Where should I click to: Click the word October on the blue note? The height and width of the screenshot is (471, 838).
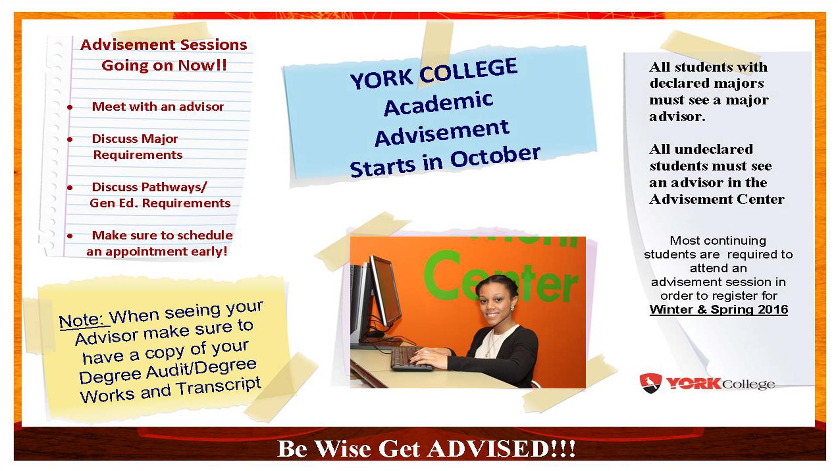pos(495,157)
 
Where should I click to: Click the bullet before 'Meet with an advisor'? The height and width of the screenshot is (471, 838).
pos(70,107)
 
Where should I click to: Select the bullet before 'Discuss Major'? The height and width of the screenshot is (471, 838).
pos(70,140)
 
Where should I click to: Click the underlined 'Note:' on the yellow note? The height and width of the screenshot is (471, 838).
pos(82,321)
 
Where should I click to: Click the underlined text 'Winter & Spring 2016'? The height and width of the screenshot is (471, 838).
pos(719,310)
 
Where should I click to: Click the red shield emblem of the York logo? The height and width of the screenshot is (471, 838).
pos(651,383)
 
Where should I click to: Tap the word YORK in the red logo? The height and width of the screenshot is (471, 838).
pos(694,383)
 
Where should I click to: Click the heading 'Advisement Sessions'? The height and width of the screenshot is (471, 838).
pos(164,44)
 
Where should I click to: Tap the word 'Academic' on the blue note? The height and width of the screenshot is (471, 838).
pos(439,104)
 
